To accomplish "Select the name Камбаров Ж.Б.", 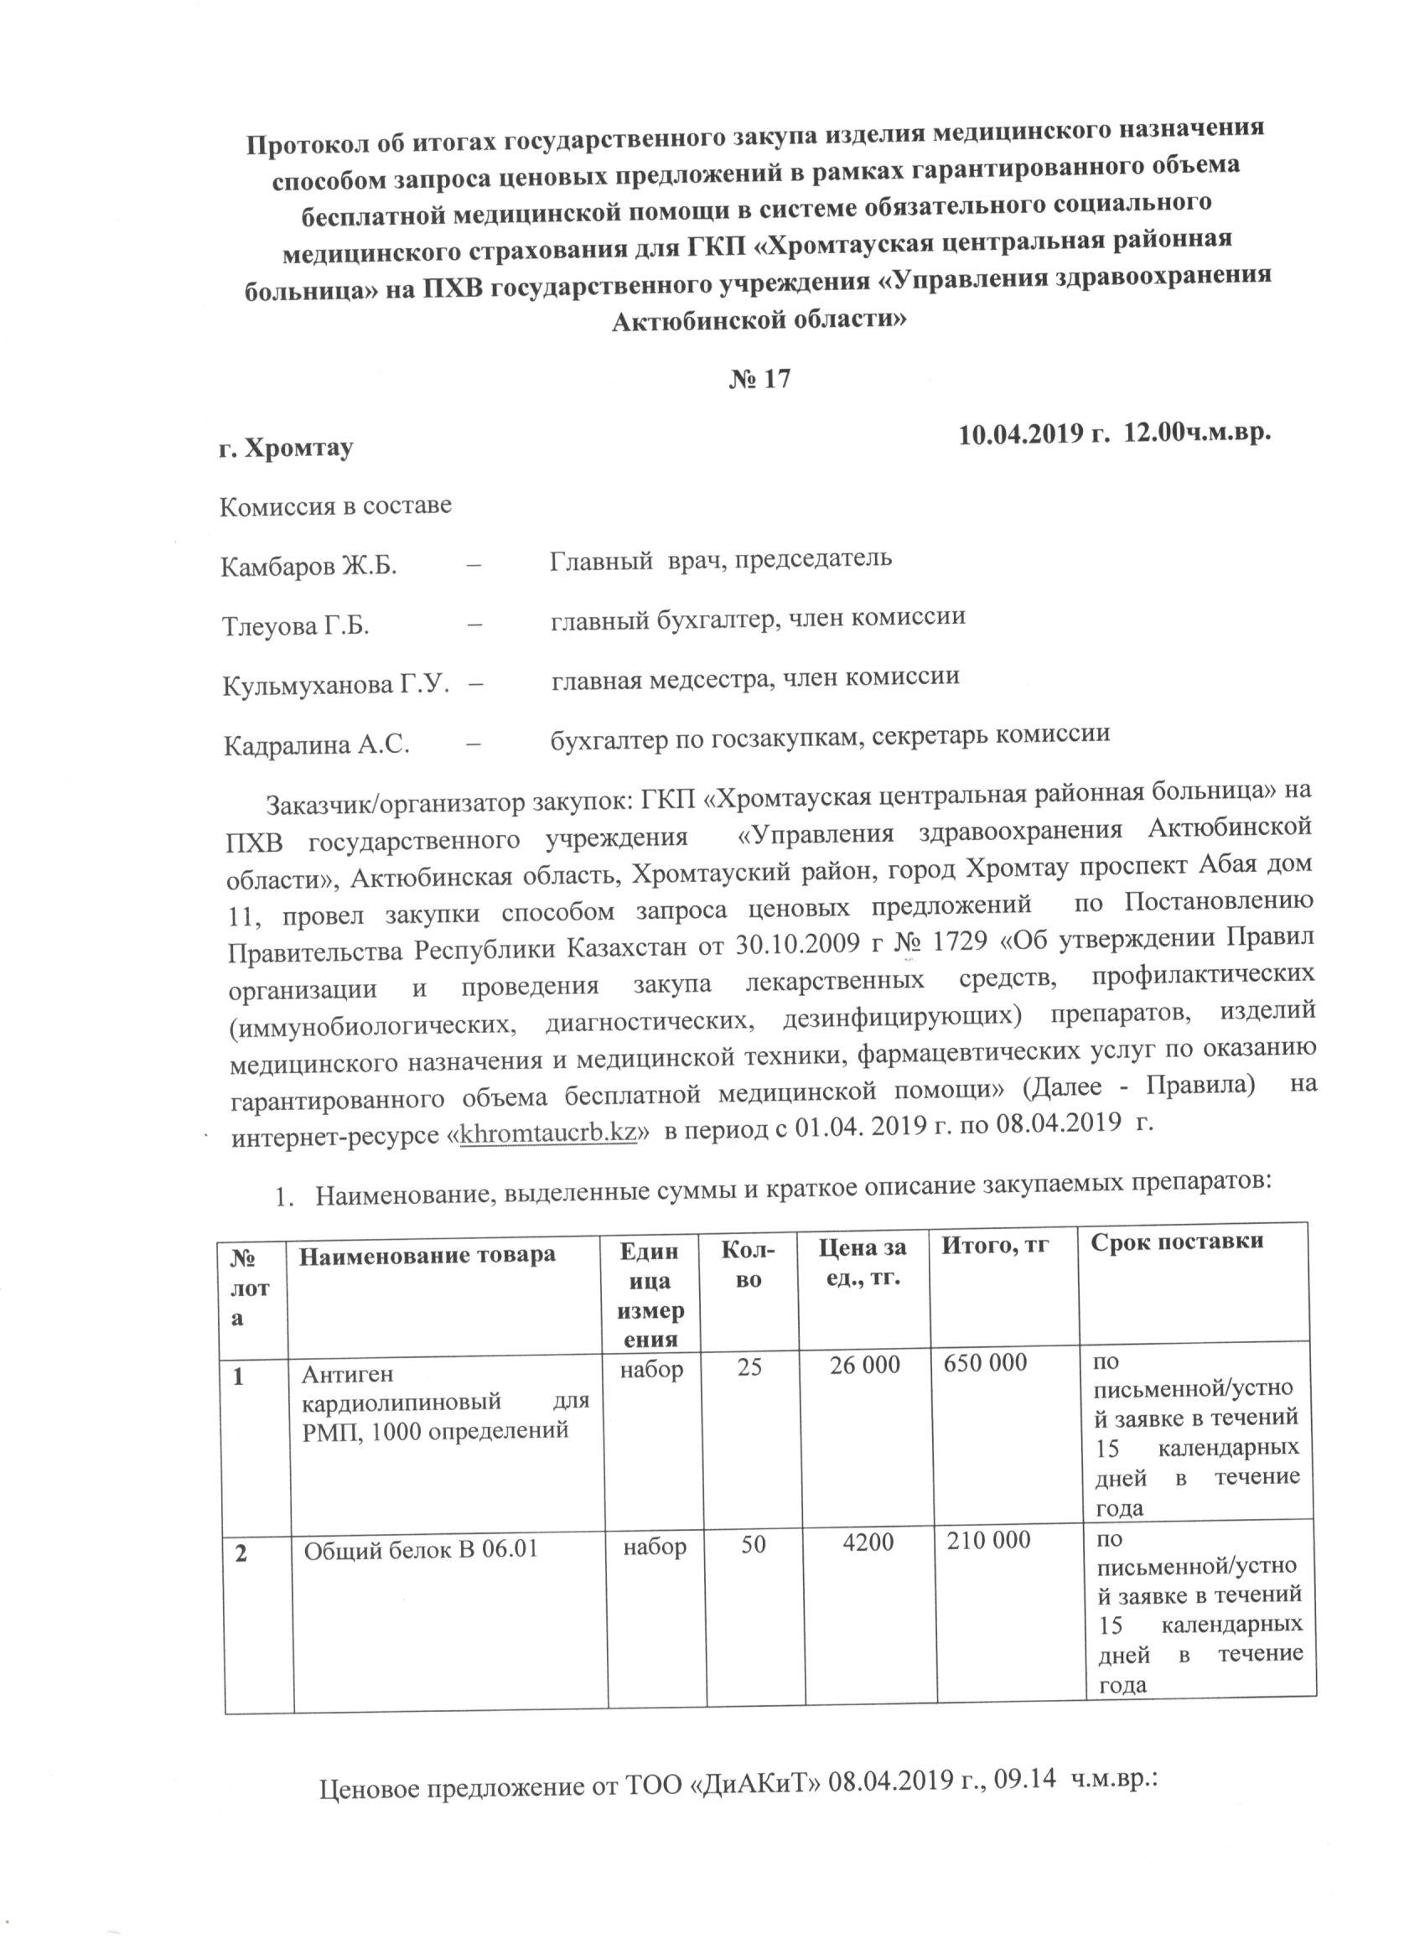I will (308, 567).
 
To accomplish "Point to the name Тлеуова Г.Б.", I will (296, 626).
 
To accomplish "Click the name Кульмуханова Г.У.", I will (336, 685).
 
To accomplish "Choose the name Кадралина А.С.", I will (316, 745).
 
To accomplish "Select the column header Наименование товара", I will (427, 1255).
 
